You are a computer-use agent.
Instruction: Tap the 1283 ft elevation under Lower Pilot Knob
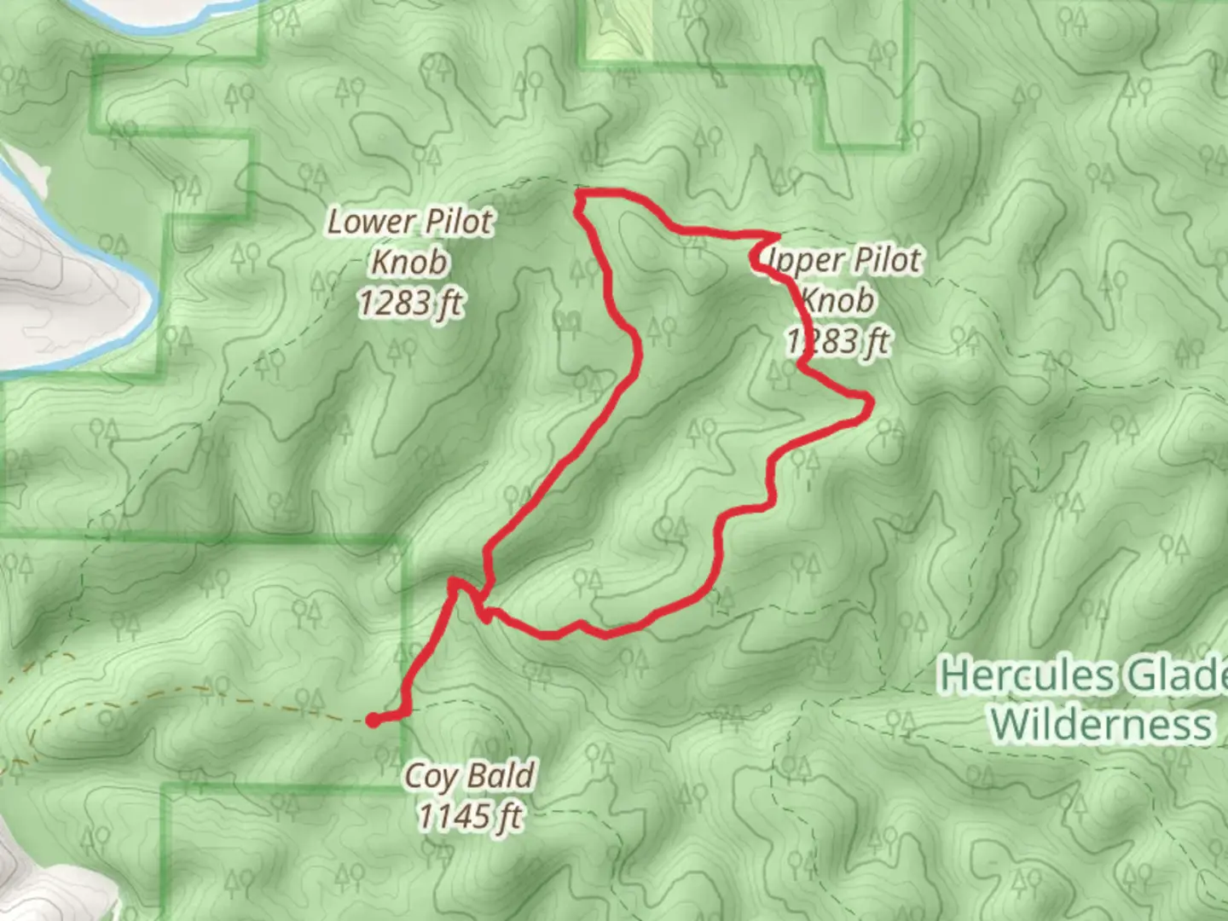[x=410, y=304]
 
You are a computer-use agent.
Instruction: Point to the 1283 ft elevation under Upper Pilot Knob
[x=837, y=341]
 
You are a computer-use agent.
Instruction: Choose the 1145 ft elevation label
[x=471, y=817]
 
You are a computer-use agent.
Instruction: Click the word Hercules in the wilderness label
[x=1027, y=676]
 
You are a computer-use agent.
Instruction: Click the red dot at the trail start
[x=374, y=721]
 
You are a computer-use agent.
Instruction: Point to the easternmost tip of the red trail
[x=869, y=402]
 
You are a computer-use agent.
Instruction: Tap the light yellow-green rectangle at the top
[x=617, y=31]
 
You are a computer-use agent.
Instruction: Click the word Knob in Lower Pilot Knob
[x=409, y=263]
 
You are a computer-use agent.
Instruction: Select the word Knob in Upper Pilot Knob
[x=837, y=300]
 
